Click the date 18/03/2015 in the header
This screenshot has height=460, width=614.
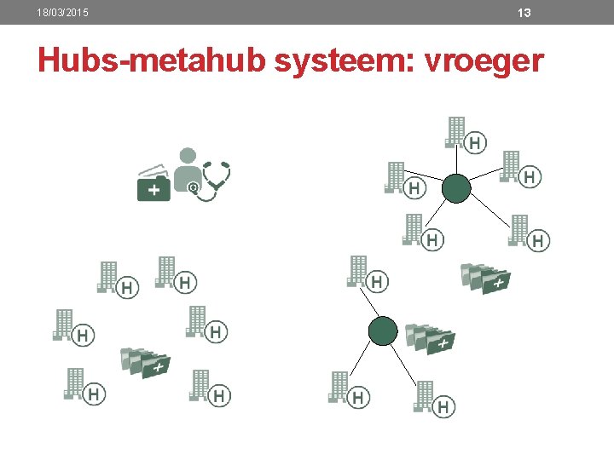pos(63,13)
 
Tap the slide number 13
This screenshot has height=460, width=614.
pos(524,13)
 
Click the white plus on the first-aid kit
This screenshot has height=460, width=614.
pos(153,190)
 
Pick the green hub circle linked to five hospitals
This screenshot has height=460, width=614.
pos(456,188)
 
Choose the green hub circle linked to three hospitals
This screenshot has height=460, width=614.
pos(383,331)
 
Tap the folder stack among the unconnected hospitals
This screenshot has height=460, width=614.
pos(145,362)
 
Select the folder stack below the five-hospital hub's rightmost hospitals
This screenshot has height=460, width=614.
pos(485,278)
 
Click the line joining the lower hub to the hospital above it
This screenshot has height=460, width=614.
pos(373,305)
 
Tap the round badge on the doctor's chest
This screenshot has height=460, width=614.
pos(194,187)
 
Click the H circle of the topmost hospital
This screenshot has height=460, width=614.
pos(476,142)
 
